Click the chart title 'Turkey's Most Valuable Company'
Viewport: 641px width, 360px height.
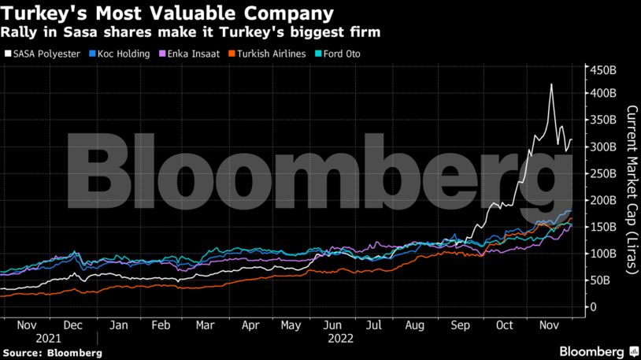click(x=166, y=13)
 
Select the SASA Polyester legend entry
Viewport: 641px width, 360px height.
click(x=46, y=54)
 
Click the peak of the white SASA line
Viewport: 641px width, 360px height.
click(x=551, y=84)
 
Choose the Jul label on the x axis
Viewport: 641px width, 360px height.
click(x=374, y=325)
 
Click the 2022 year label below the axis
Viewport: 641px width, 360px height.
click(x=340, y=338)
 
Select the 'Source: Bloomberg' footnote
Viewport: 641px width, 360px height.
click(x=52, y=352)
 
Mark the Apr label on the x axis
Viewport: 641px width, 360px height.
click(x=250, y=325)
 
